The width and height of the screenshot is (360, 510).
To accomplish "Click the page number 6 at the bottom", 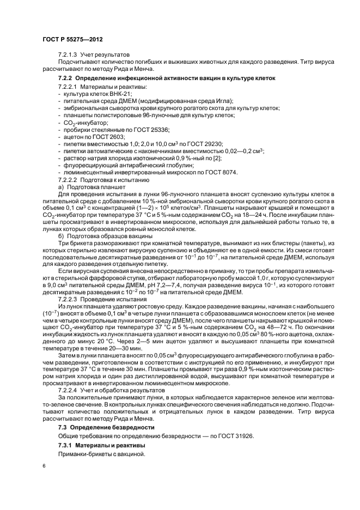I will pos(44,466).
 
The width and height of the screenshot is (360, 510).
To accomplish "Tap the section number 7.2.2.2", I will pos(68,179).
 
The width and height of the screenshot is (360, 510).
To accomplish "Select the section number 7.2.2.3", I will pos(68,299).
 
